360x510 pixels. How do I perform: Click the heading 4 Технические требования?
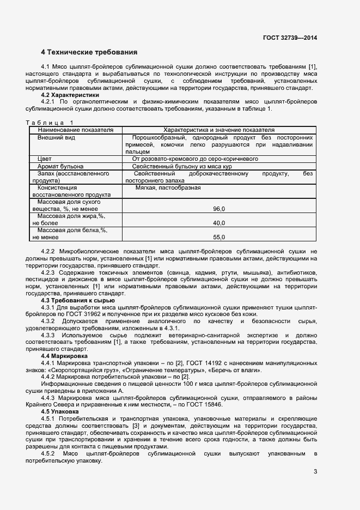click(x=89, y=52)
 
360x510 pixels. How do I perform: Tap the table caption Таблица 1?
click(x=49, y=123)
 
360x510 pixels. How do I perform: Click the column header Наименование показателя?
click(x=75, y=131)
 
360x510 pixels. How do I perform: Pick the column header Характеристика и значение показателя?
click(x=219, y=131)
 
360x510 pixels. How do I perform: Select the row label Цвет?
click(x=44, y=159)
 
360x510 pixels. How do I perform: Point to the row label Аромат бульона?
click(x=60, y=166)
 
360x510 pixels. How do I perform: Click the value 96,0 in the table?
click(x=219, y=209)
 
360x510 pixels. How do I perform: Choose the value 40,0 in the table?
click(x=219, y=223)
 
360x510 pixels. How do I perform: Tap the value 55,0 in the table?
click(x=219, y=237)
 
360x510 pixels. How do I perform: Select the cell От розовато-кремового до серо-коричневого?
click(x=191, y=159)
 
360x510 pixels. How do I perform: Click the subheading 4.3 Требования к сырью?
click(x=78, y=300)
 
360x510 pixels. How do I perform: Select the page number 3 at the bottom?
click(x=315, y=472)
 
